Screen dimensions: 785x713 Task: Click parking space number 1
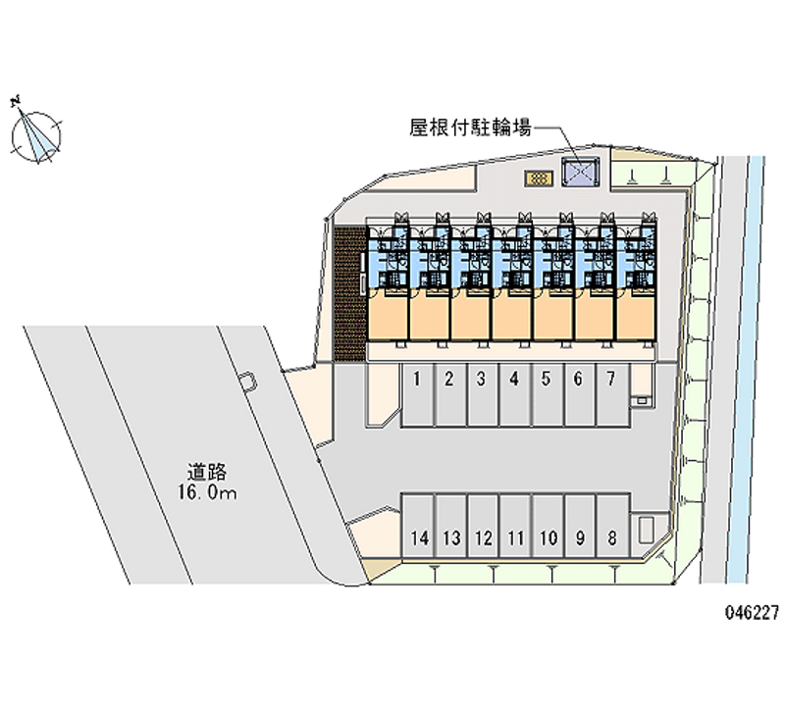click(x=417, y=395)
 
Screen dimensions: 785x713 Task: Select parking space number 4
click(x=514, y=395)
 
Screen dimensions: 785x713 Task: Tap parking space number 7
click(x=611, y=395)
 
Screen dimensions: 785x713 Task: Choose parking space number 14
click(x=419, y=526)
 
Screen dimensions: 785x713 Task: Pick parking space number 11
click(x=515, y=526)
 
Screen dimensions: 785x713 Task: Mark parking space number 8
click(x=612, y=526)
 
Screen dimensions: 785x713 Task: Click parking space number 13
click(x=451, y=526)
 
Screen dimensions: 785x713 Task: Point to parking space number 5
click(x=548, y=395)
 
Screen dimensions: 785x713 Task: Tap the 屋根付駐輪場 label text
click(x=470, y=127)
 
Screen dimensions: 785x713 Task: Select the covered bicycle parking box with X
click(x=580, y=172)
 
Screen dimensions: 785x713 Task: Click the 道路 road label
click(x=207, y=473)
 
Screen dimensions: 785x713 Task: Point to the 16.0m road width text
click(x=206, y=493)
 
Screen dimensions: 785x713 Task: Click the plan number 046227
click(x=752, y=612)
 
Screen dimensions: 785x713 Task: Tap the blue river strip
click(x=745, y=370)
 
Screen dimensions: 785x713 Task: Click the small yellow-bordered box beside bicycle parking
click(x=539, y=178)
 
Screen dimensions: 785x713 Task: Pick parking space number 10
click(x=548, y=526)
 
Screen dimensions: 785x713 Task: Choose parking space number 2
click(x=449, y=395)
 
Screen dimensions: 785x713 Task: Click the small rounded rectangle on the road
click(x=248, y=382)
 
